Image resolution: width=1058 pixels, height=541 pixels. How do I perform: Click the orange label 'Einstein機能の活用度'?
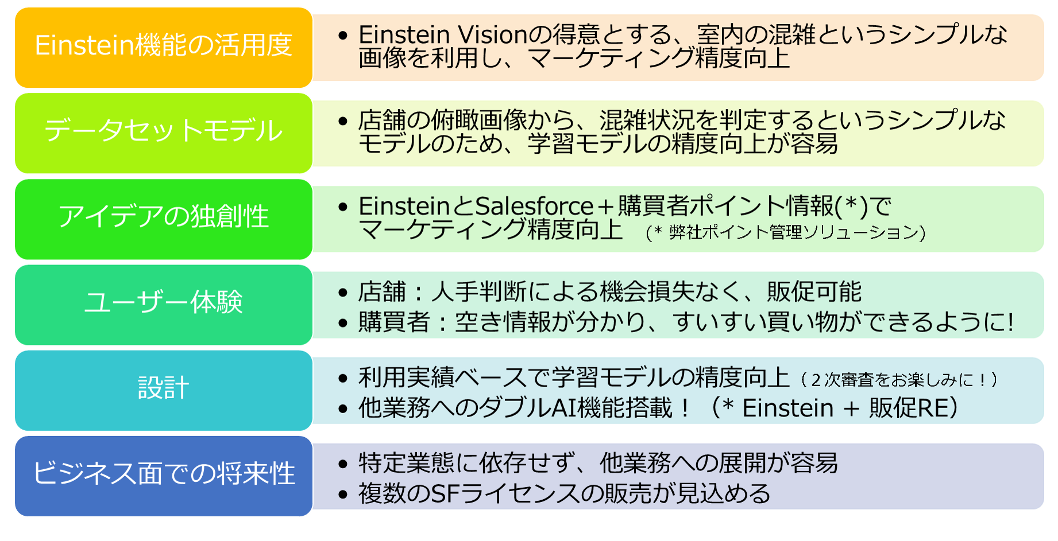click(164, 46)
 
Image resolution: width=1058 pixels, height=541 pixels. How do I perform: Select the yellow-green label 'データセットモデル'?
click(164, 131)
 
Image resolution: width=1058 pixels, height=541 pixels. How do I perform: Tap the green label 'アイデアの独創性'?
click(164, 217)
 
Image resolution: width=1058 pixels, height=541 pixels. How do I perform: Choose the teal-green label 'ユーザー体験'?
click(164, 302)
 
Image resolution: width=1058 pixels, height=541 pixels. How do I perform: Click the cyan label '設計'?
click(164, 388)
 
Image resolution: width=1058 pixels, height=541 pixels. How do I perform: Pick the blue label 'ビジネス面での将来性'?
click(164, 474)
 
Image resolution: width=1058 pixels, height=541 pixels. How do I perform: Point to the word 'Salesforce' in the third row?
click(534, 207)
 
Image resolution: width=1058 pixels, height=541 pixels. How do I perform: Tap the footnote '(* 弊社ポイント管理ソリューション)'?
click(785, 232)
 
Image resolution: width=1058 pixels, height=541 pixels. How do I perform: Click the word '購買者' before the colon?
click(394, 322)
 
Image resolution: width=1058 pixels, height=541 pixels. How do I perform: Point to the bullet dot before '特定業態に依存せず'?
click(343, 464)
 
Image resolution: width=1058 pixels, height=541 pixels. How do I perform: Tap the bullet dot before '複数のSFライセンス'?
click(343, 495)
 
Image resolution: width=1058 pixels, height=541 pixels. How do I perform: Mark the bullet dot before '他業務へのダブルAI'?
click(343, 409)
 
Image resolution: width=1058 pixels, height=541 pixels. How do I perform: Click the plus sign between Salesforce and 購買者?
click(605, 207)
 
